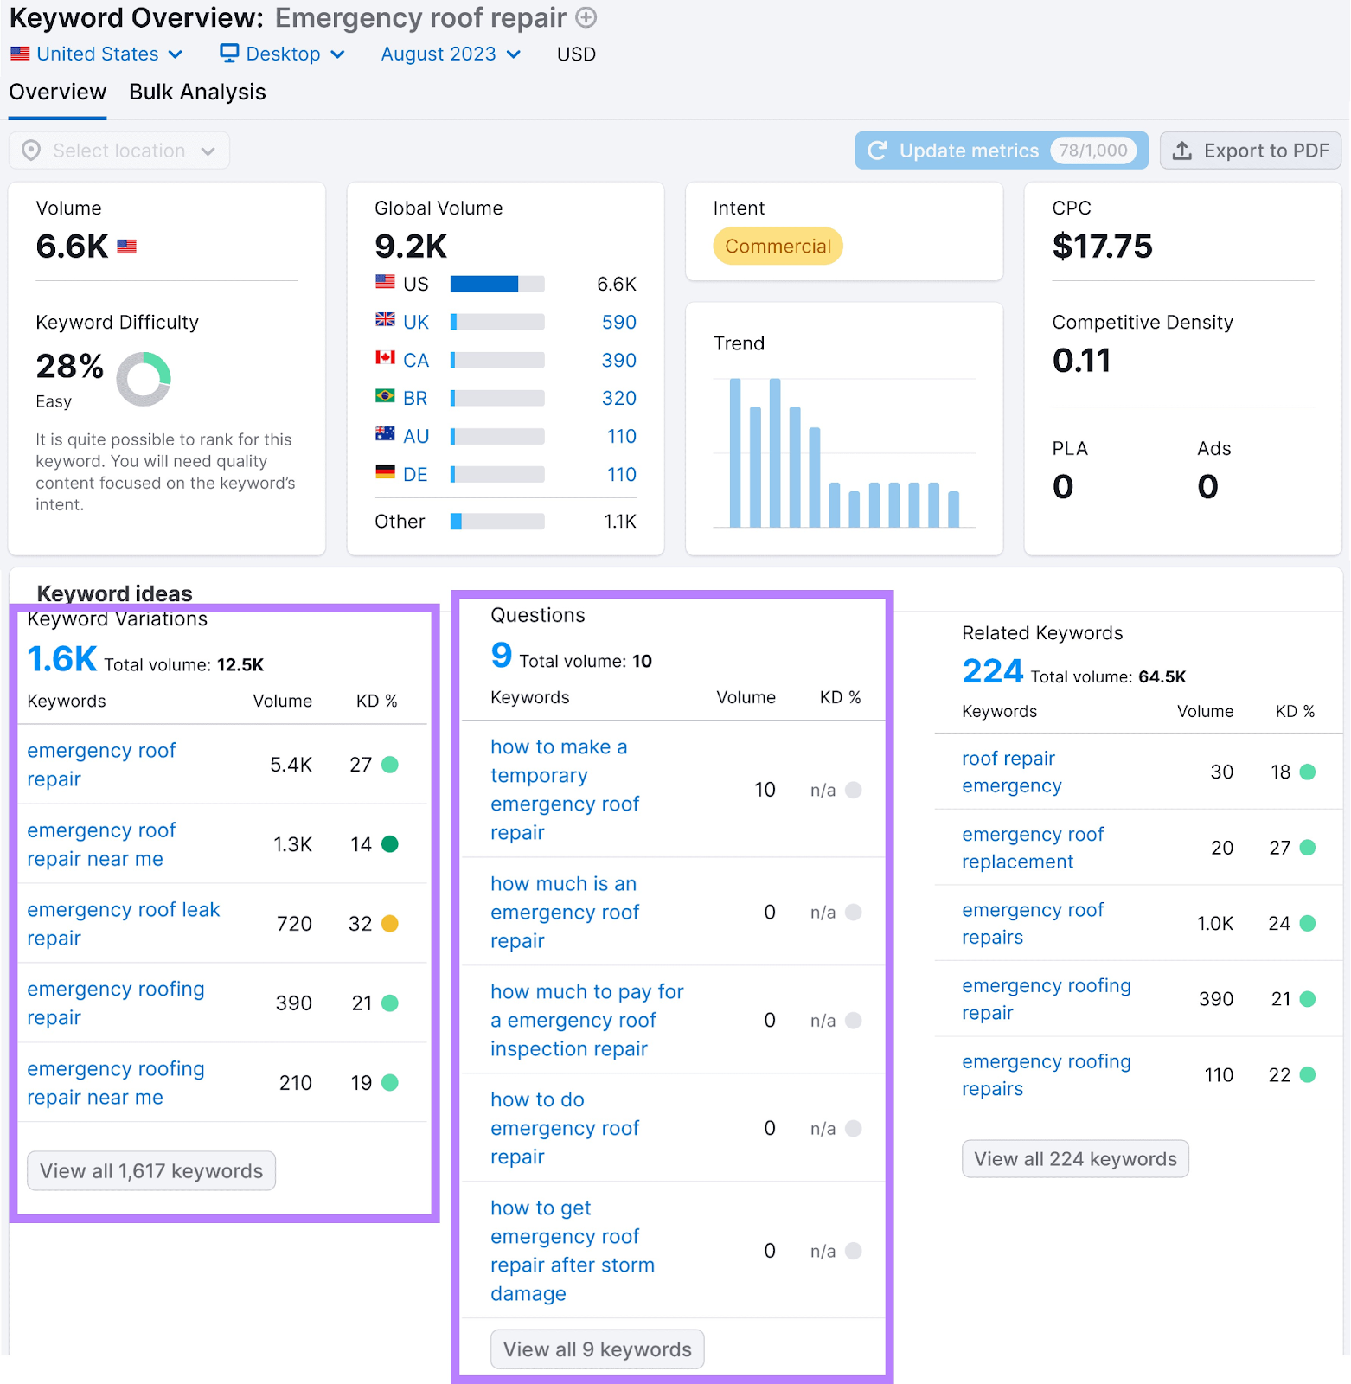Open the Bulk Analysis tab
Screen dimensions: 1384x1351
[x=197, y=93]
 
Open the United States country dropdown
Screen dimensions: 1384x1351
[x=97, y=54]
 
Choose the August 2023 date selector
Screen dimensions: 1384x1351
[x=450, y=54]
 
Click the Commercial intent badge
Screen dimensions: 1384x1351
[x=777, y=247]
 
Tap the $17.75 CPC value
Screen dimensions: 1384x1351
[x=1102, y=247]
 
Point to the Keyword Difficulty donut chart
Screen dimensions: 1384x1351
[x=144, y=379]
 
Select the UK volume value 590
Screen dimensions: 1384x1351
[x=618, y=323]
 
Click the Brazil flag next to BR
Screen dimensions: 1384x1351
[x=385, y=396]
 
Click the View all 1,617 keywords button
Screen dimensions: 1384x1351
[x=151, y=1171]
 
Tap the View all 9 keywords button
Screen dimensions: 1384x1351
[x=597, y=1349]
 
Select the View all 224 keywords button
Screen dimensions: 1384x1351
[x=1075, y=1159]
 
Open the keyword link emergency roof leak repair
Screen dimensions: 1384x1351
[x=123, y=924]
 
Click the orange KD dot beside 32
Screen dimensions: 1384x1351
[x=390, y=924]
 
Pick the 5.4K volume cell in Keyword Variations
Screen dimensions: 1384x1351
[x=291, y=765]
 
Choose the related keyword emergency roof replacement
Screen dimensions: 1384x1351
[x=1032, y=848]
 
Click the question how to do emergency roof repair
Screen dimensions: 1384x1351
[x=564, y=1128]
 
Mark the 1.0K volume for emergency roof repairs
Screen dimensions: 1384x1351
[x=1214, y=924]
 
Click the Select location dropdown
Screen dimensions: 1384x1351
[x=119, y=151]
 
